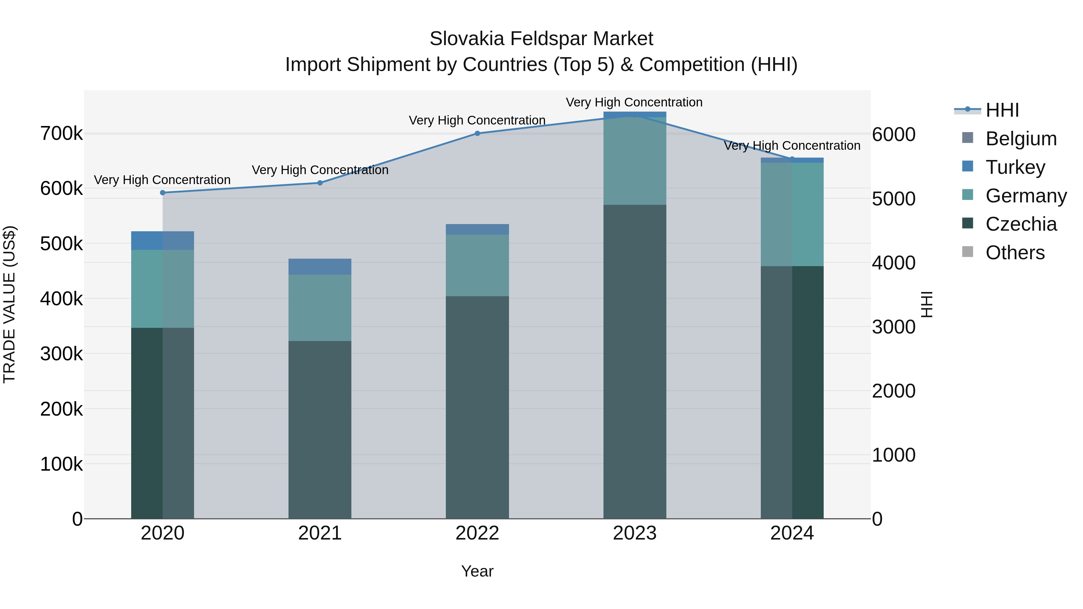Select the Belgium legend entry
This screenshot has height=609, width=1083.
[x=1020, y=139]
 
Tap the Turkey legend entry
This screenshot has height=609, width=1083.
[x=1015, y=167]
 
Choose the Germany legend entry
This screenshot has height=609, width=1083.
[x=1026, y=196]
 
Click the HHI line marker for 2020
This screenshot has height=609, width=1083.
[x=163, y=193]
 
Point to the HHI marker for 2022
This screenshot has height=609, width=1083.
[x=477, y=134]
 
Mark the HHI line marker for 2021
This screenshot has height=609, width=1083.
[x=320, y=183]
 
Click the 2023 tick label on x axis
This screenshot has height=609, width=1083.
[x=634, y=533]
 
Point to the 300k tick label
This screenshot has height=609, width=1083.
[x=61, y=354]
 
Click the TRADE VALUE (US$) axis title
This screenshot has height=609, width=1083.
[x=9, y=304]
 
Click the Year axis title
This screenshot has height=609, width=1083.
[x=477, y=571]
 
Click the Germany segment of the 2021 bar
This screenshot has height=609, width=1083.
[x=320, y=308]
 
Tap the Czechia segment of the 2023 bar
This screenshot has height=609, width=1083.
[x=634, y=361]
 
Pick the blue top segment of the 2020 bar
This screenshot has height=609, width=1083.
[x=163, y=240]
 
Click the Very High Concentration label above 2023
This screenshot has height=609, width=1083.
[x=634, y=102]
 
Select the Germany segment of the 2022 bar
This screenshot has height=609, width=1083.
[x=477, y=265]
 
